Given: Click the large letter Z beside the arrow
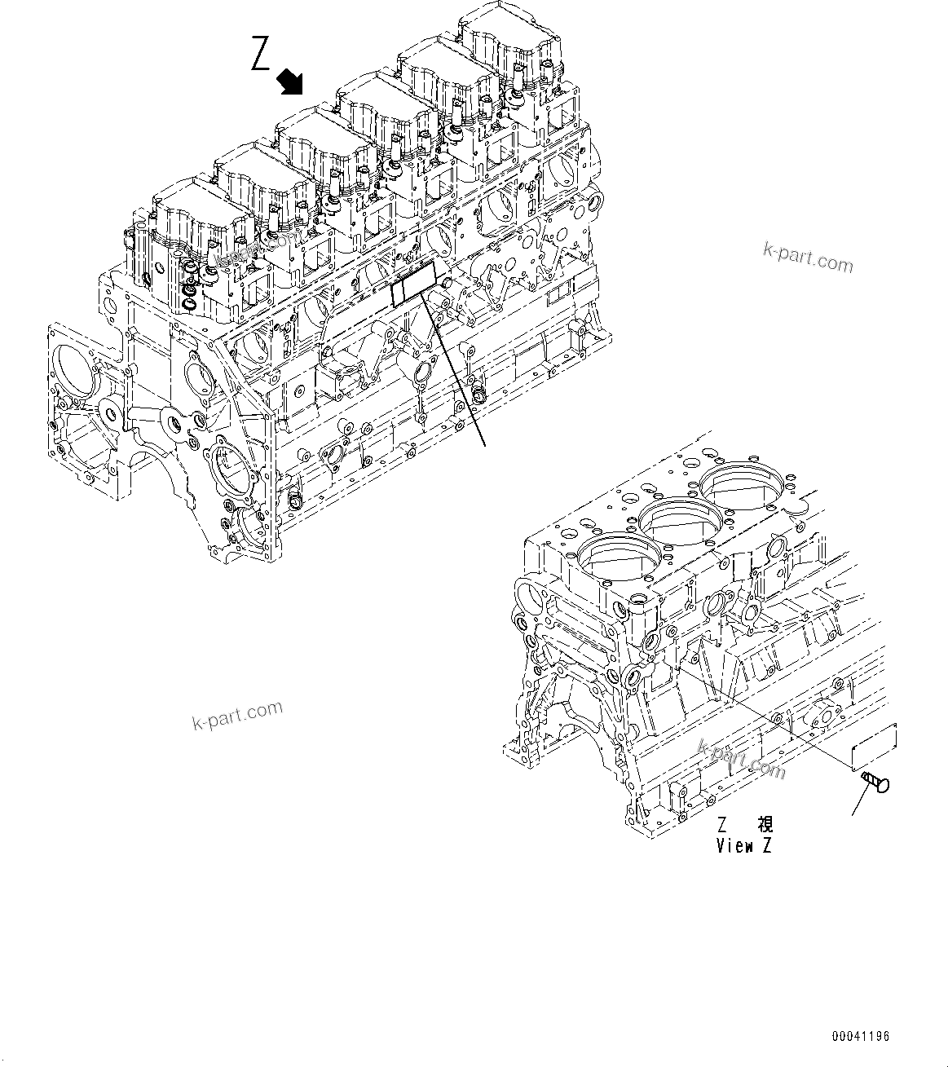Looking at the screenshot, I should pos(261,55).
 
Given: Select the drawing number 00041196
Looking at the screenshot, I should pos(861,1037).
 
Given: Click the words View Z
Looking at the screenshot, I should pos(743,845).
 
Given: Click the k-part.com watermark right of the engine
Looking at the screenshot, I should pos(808,258).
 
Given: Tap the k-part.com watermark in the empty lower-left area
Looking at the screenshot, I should pos(237,716).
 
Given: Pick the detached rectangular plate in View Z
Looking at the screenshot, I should pos(873,747).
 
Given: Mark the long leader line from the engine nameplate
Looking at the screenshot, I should pos(455,371).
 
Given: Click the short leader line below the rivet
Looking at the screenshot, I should pos(861,803).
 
